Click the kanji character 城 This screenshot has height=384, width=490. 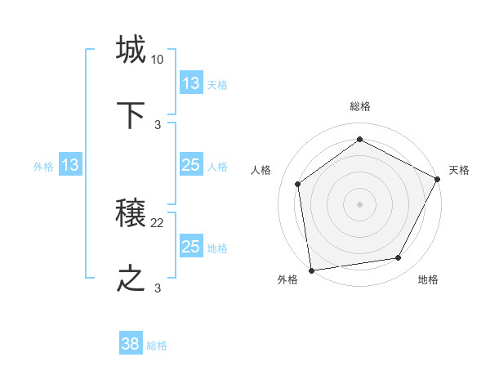pos(131,51)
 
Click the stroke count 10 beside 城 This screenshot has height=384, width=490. pos(157,60)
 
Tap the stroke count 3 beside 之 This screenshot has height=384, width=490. pos(158,288)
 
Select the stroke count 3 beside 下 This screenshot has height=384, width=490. pos(158,124)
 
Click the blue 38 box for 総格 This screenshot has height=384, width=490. pos(131,345)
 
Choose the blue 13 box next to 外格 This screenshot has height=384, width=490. pos(70,166)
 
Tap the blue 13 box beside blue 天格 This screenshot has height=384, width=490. pos(191,83)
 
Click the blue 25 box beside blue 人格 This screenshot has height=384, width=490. pos(191,166)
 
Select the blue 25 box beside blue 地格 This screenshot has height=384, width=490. pos(191,247)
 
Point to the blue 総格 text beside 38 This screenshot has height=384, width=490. pos(157,346)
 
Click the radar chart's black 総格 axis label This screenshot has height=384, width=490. pos(360,106)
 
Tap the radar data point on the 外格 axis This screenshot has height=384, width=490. pos(311,270)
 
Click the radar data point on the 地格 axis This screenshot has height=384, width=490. pos(399,257)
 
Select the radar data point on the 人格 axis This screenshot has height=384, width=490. pos(298,184)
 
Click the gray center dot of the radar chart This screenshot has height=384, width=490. pos(360,203)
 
